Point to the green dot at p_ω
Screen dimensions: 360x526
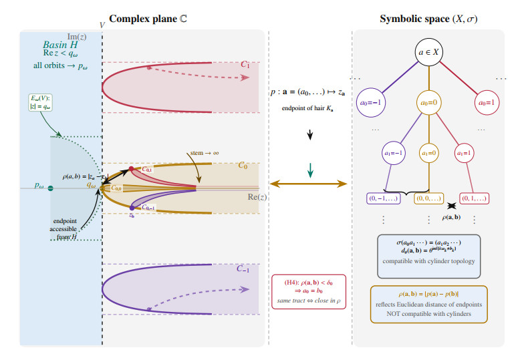pyautogui.click(x=50, y=189)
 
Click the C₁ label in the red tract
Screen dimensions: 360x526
pyautogui.click(x=245, y=65)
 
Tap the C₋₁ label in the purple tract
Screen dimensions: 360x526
pyautogui.click(x=245, y=269)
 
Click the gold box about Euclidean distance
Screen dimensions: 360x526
pyautogui.click(x=429, y=304)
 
